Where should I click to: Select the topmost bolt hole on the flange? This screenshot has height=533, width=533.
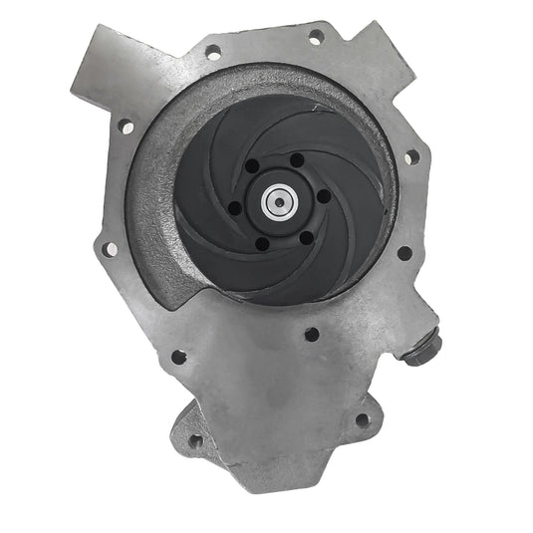pos(315,37)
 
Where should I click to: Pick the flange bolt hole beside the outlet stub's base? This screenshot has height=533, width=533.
pos(213,53)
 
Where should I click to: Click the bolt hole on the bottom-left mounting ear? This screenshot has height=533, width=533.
pos(195,439)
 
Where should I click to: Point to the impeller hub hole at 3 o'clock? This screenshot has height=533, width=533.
pos(324,196)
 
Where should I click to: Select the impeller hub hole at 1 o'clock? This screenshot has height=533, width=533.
pos(296,160)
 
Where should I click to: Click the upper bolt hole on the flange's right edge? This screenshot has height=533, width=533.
pos(409,156)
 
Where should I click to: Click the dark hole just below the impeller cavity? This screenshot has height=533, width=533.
pos(311,335)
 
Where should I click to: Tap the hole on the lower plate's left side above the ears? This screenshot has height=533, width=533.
pos(178,357)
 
